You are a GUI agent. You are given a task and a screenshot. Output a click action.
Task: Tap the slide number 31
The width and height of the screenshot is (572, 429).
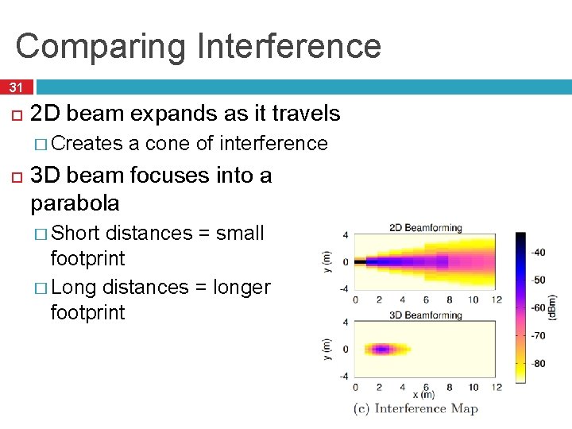[x=17, y=87]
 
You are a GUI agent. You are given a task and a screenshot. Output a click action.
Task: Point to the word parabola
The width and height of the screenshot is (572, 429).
[x=75, y=203]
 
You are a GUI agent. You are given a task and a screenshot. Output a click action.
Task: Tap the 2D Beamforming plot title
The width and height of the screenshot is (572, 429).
[x=426, y=228]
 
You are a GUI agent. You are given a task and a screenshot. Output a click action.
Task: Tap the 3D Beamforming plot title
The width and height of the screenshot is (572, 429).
[x=426, y=315]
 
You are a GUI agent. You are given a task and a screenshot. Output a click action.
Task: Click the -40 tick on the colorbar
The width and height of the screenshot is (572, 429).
[x=538, y=253]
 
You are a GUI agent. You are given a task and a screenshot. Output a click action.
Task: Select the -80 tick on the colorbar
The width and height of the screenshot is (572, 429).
[x=538, y=364]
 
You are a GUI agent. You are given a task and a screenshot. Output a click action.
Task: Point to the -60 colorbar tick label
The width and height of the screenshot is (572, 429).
[x=538, y=308]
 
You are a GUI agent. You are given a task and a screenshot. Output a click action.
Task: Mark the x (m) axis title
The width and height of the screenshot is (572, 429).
[x=423, y=395]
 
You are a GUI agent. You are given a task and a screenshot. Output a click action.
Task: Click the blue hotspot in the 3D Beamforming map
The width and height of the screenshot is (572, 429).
[x=381, y=349]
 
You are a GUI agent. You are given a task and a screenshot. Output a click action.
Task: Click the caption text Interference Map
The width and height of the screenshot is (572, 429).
[x=426, y=409]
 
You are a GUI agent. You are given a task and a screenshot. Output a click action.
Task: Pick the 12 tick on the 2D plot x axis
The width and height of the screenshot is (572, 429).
[x=497, y=300]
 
